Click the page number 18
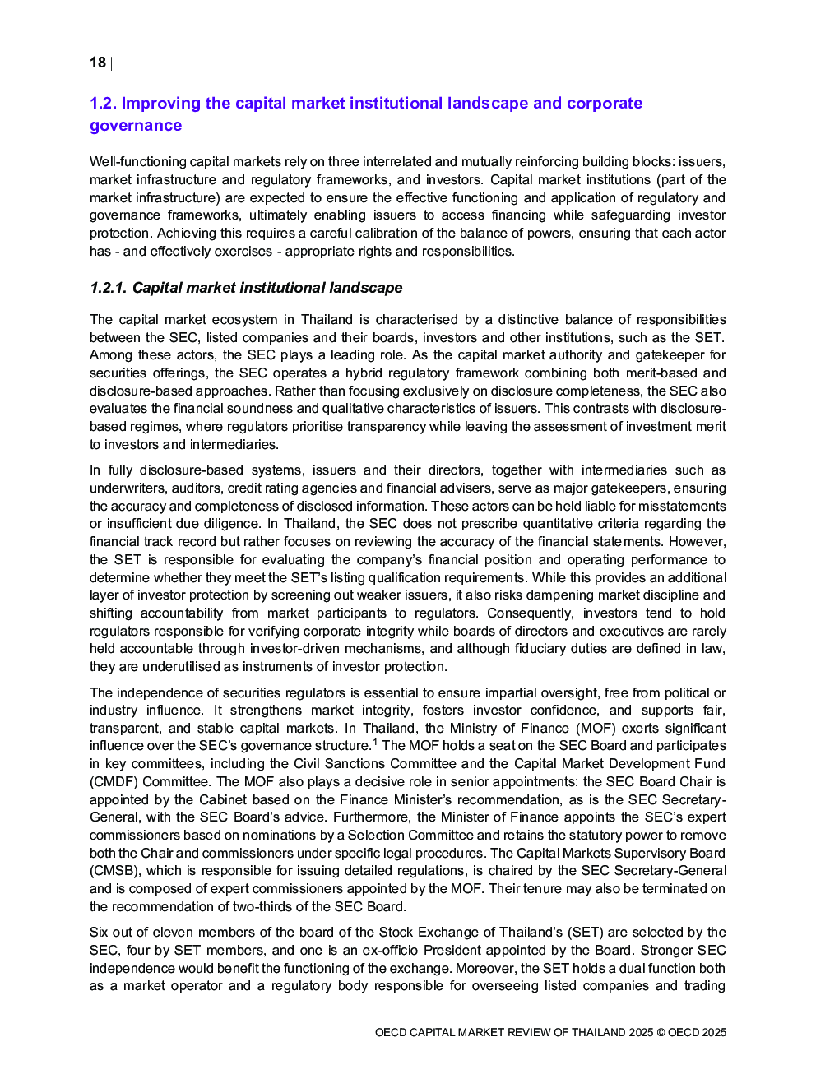tap(97, 63)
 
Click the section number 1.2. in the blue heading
tap(104, 104)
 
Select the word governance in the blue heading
tap(136, 126)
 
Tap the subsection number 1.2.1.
tap(109, 288)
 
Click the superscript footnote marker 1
tap(375, 743)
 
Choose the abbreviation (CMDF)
tap(110, 782)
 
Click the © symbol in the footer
tap(661, 1033)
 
